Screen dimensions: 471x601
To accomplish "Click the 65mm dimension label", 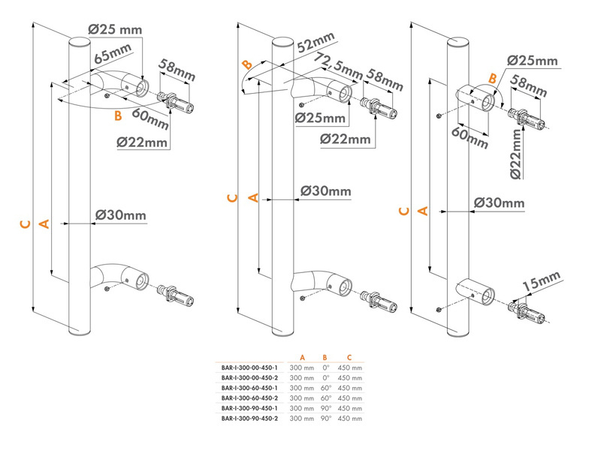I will pyautogui.click(x=112, y=56).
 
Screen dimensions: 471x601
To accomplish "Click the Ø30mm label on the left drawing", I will pyautogui.click(x=120, y=216).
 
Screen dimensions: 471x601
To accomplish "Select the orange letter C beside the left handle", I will pyautogui.click(x=24, y=223).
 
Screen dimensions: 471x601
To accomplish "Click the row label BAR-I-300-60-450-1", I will pyautogui.click(x=249, y=388).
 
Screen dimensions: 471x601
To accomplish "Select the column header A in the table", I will pyautogui.click(x=301, y=358).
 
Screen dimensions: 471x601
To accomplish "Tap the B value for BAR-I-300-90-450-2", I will pyautogui.click(x=325, y=417).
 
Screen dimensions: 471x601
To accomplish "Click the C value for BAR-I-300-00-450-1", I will pyautogui.click(x=350, y=367).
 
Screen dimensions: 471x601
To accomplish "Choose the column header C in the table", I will pyautogui.click(x=349, y=358).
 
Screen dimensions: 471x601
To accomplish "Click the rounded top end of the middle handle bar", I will pyautogui.click(x=282, y=42).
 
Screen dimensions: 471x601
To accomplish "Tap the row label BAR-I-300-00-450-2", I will pyautogui.click(x=249, y=378).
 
